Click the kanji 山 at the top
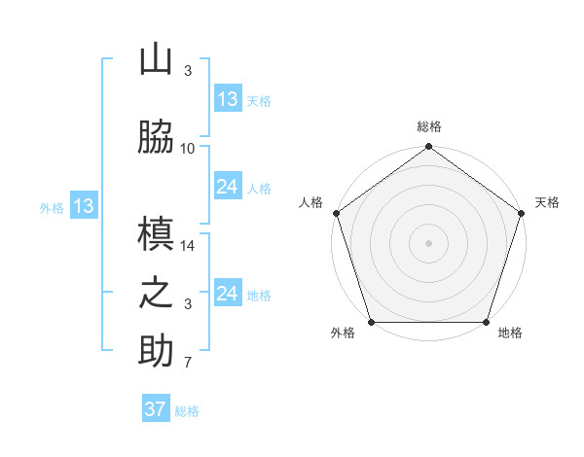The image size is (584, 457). pyautogui.click(x=156, y=60)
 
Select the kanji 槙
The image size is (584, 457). pyautogui.click(x=156, y=233)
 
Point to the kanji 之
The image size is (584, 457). pyautogui.click(x=156, y=294)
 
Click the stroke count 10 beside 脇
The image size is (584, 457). pyautogui.click(x=188, y=149)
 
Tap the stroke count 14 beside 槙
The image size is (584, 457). pyautogui.click(x=188, y=247)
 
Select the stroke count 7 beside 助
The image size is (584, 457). pyautogui.click(x=188, y=364)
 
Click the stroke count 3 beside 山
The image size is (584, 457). pyautogui.click(x=188, y=71)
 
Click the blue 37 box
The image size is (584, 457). pyautogui.click(x=156, y=409)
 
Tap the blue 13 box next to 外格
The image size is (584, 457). pyautogui.click(x=84, y=206)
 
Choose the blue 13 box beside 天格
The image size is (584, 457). pyautogui.click(x=228, y=99)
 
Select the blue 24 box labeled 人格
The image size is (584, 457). pyautogui.click(x=228, y=188)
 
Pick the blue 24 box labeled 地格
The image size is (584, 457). pyautogui.click(x=228, y=294)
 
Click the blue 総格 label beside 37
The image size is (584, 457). pyautogui.click(x=187, y=411)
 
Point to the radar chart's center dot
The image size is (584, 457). pyautogui.click(x=428, y=243)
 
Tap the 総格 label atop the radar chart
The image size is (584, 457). pyautogui.click(x=429, y=126)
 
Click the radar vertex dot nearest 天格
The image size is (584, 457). pyautogui.click(x=521, y=213)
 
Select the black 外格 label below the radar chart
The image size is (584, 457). pyautogui.click(x=343, y=334)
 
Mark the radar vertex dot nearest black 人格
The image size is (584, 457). pyautogui.click(x=336, y=213)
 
